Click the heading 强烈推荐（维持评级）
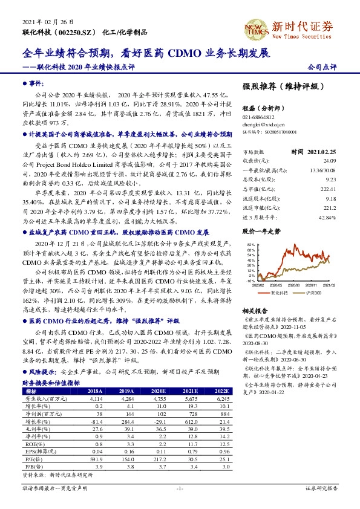(x=280, y=86)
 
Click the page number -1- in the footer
(x=180, y=487)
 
